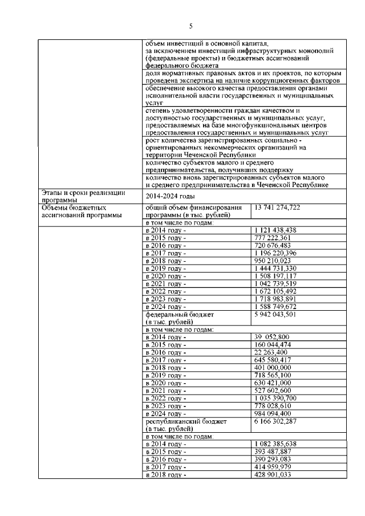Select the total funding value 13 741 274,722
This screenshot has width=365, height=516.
[278, 208]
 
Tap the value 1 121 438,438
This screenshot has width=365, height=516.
[275, 230]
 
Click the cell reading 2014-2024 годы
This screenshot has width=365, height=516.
[166, 196]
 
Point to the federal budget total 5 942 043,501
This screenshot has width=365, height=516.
[276, 314]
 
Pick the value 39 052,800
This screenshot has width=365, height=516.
[273, 337]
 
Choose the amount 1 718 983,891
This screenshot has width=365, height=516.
[275, 299]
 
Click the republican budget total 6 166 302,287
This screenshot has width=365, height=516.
[276, 421]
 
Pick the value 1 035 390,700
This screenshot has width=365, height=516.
[275, 398]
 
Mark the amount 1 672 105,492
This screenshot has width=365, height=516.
[275, 291]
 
